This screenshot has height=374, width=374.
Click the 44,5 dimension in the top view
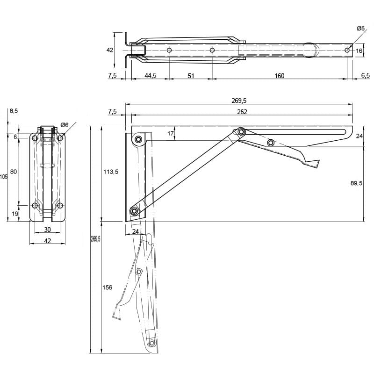tap(151, 76)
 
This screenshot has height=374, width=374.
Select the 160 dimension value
tap(279, 76)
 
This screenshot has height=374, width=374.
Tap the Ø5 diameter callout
tap(360, 29)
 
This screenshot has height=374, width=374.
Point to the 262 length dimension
tap(242, 112)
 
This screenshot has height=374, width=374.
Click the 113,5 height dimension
tap(111, 172)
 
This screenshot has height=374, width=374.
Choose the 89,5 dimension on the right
tap(356, 183)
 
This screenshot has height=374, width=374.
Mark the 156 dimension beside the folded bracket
tap(107, 288)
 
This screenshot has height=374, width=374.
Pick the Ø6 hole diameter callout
tap(65, 125)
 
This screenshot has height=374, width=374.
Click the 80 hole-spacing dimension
tap(14, 172)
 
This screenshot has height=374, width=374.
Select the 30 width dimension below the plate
tap(48, 230)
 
